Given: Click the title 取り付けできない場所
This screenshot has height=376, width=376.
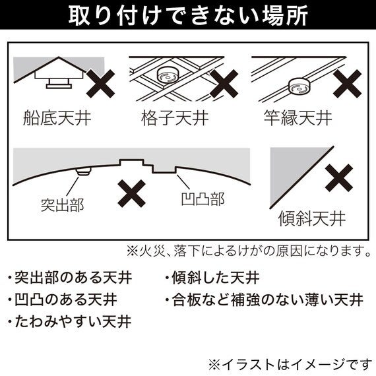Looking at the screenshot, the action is coord(188,15).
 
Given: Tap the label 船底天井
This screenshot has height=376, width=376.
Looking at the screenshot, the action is coord(57,117).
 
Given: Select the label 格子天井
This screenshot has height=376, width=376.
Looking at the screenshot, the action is coord(175,117).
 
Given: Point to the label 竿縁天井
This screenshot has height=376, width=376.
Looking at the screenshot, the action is coord(298,117).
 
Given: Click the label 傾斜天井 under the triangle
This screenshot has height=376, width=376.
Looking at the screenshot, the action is coord(312,218).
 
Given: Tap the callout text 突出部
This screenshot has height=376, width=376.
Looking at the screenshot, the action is coord(63,205).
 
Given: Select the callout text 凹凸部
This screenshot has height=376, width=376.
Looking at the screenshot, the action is coord(203,199).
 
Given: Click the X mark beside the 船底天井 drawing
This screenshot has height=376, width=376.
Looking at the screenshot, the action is coord(100,84).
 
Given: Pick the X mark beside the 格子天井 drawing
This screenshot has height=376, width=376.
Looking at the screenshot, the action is coord(224,84).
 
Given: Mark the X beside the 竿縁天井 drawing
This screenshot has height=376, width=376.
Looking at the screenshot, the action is coord(347,84).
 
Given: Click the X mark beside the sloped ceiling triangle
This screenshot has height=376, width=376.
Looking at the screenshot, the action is coord(339,177).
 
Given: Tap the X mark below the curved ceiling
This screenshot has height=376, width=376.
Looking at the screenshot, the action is coord(132,193).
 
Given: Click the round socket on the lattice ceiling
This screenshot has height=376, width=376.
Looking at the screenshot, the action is coord(168,75).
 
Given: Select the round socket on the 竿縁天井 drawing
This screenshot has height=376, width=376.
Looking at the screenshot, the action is coord(299,86).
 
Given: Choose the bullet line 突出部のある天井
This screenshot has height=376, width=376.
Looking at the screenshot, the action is coord(70,278).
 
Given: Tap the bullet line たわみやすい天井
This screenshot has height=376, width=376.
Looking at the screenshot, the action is coord(70,321).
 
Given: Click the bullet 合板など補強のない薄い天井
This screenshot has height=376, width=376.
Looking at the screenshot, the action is coord(265,299).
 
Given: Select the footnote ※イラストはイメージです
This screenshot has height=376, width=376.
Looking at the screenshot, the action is coord(290,365).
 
